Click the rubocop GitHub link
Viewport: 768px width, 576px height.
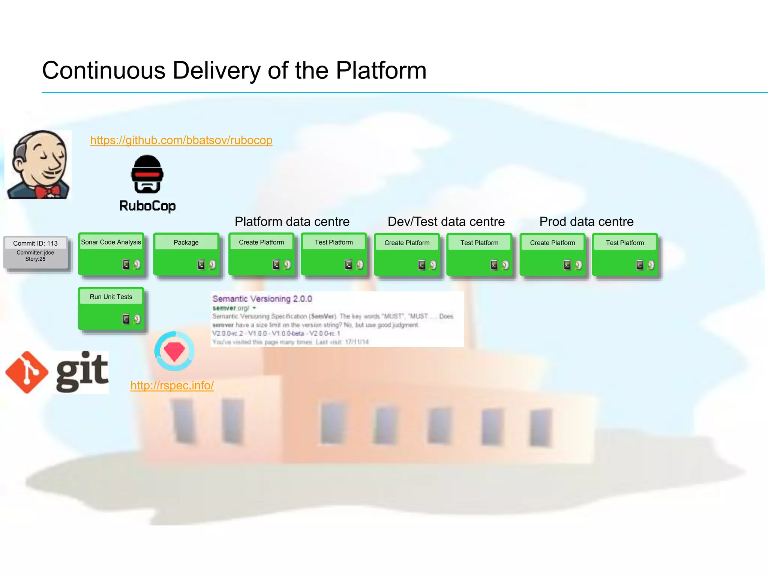coord(181,140)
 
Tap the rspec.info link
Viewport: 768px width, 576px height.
coord(172,385)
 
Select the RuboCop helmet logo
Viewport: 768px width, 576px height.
coord(147,174)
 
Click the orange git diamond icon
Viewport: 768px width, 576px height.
coord(27,372)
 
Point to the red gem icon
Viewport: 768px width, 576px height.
coord(174,351)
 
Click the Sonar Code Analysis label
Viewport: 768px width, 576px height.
coord(111,242)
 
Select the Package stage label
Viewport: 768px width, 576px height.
coord(186,243)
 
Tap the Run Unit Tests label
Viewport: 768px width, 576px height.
coord(111,297)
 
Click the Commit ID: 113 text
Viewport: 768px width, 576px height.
coord(35,243)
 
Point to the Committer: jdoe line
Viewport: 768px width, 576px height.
coord(35,253)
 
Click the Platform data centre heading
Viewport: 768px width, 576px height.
coord(292,222)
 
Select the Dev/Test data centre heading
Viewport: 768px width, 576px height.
coord(446,222)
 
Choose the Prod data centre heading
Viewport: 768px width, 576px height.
coord(586,222)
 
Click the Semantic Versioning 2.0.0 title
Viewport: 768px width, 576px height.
coord(262,299)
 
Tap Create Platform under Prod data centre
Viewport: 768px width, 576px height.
coord(552,243)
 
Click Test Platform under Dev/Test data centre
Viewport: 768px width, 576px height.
coord(479,243)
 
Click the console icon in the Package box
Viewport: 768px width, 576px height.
coord(201,265)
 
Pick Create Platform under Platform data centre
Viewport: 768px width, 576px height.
coord(261,243)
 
